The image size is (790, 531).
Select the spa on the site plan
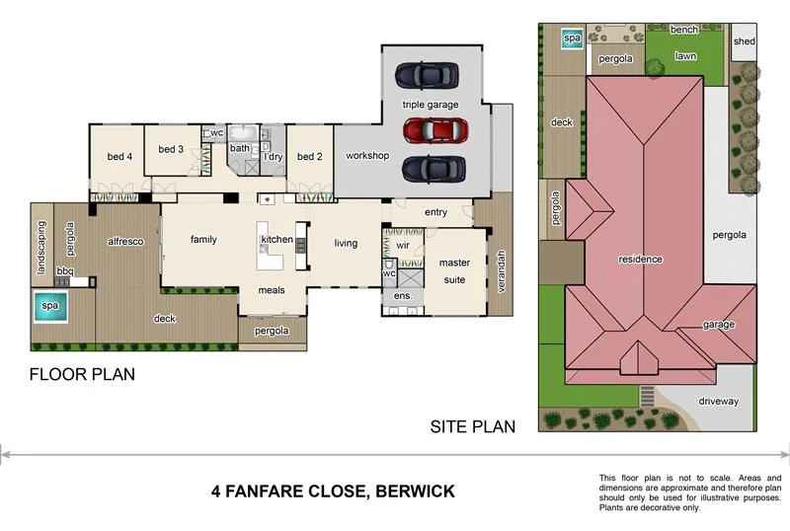tap(571, 38)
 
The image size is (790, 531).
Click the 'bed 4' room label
tap(119, 157)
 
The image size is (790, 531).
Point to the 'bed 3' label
tap(171, 149)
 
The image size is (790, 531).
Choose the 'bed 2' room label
tap(309, 157)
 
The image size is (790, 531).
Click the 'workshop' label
tap(366, 157)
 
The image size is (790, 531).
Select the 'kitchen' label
tap(276, 240)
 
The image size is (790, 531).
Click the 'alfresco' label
tap(126, 240)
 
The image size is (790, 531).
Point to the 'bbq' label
tap(65, 270)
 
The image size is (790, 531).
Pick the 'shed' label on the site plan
tap(745, 41)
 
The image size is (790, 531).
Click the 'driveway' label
tap(719, 401)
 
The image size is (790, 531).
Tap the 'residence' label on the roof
tap(639, 260)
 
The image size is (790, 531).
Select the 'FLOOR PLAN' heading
tap(82, 375)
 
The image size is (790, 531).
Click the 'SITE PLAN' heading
tap(473, 426)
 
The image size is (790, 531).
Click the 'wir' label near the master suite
tap(403, 244)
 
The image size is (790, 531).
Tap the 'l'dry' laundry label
tap(274, 157)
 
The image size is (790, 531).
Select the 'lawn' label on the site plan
tap(685, 57)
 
